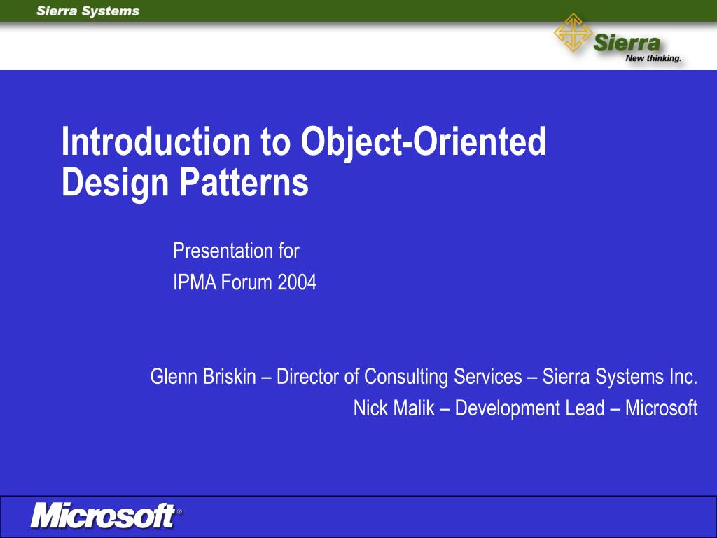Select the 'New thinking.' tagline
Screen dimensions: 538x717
[653, 59]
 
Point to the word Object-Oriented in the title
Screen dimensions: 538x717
[423, 142]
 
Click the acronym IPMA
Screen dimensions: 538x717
[195, 283]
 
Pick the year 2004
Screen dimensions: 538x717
[297, 283]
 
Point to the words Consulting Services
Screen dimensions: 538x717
[433, 377]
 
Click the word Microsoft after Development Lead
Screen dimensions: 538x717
[661, 408]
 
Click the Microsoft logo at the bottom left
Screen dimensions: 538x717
[102, 516]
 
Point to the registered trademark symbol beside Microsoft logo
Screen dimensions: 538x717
[179, 512]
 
